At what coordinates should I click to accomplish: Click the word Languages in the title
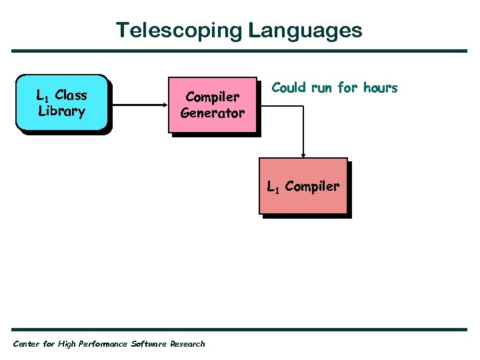tap(306, 31)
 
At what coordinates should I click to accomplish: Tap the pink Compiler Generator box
tap(213, 105)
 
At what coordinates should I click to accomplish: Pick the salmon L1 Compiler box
tap(303, 187)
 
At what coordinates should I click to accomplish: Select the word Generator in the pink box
tap(213, 113)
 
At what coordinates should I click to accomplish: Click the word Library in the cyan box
tap(62, 111)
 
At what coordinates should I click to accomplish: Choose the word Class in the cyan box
tap(71, 95)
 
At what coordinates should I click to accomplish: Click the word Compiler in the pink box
tap(213, 97)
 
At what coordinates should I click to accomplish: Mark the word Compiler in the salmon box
tap(312, 187)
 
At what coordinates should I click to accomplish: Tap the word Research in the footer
tap(188, 344)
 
